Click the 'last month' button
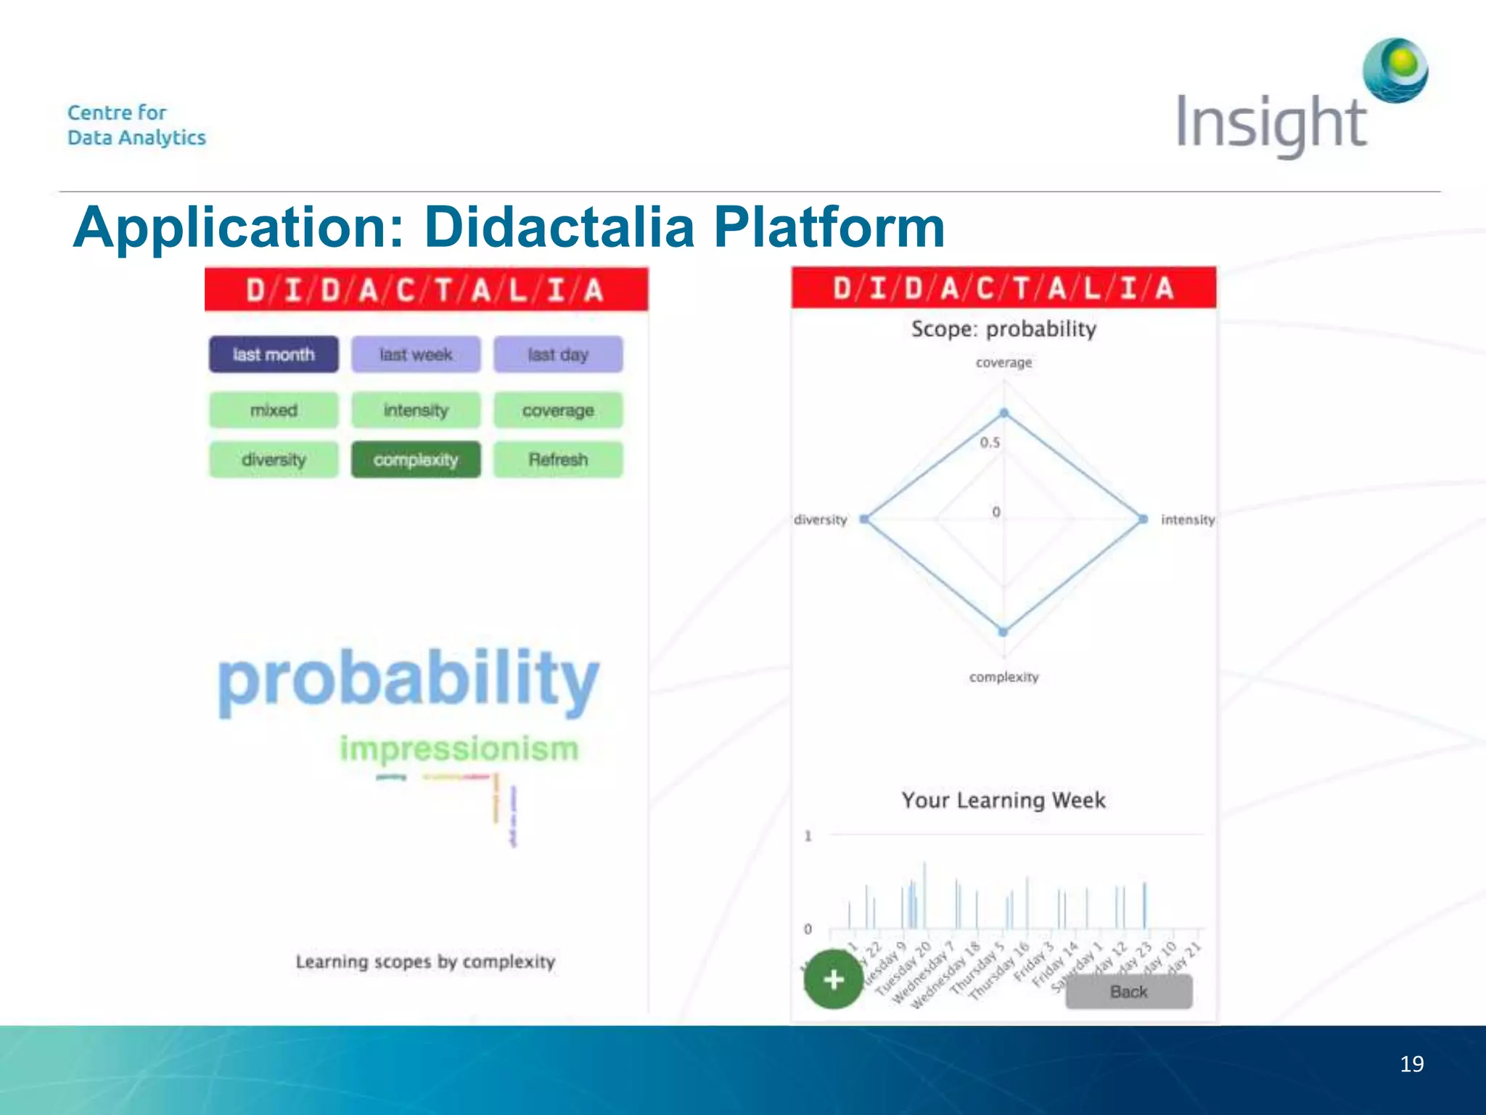pos(274,354)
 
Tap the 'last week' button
pos(416,354)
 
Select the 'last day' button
pos(558,354)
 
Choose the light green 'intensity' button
pos(416,410)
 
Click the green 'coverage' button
pos(558,410)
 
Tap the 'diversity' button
pos(274,460)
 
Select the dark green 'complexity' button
pos(416,460)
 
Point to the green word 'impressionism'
pos(459,748)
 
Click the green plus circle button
pos(834,979)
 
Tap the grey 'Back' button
pos(1128,992)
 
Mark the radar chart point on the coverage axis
pos(1004,413)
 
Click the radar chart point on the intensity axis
pos(1144,519)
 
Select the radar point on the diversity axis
pos(864,519)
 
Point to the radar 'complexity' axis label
pos(1003,677)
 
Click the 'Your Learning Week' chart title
pos(1003,800)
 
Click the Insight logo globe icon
pos(1395,70)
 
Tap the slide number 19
pos(1411,1064)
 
